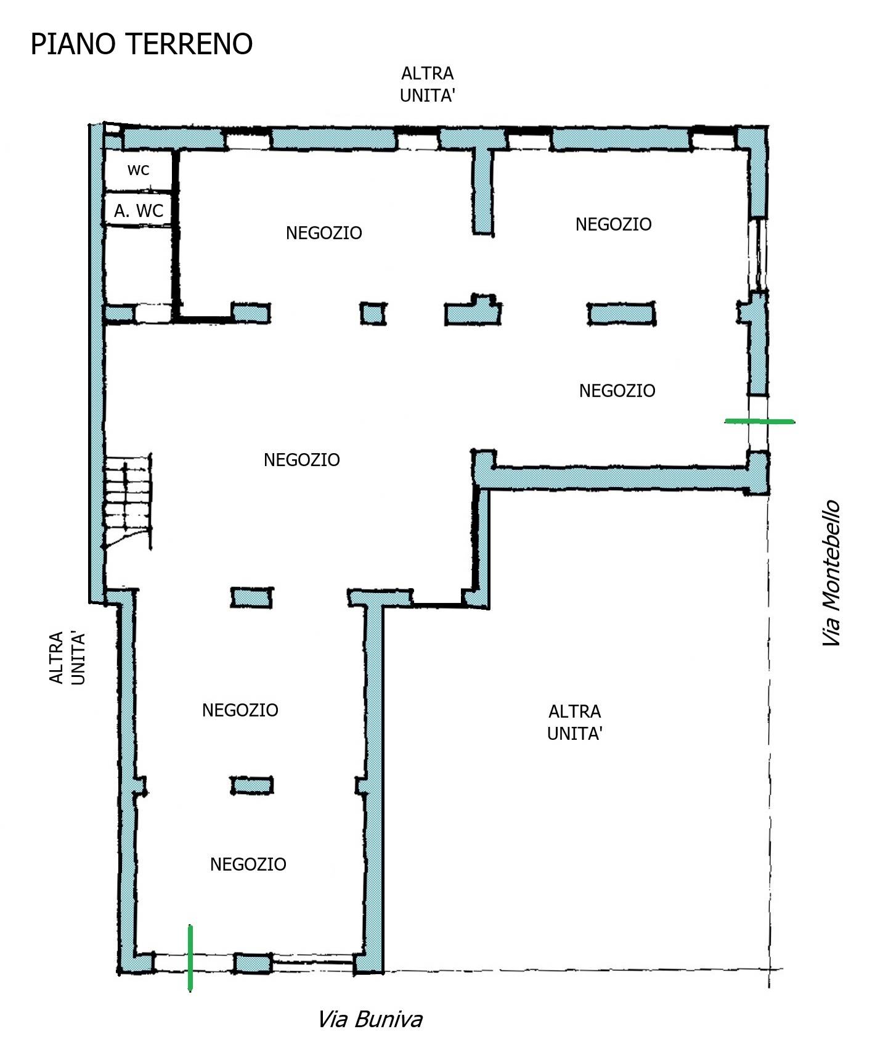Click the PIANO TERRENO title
coord(142,44)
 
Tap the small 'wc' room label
coord(138,170)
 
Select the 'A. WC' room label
coord(139,211)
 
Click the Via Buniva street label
coord(370,1020)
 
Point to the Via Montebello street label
coord(831,573)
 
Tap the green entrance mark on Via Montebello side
coord(759,421)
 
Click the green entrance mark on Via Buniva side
coord(190,958)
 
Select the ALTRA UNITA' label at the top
coord(428,84)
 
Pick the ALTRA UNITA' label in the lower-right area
coord(574,723)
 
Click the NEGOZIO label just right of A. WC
coord(324,233)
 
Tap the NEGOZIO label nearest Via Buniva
coord(248,864)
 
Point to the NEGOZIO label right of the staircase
coord(302,460)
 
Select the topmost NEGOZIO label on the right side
coord(613,224)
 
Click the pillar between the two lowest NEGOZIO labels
coord(252,785)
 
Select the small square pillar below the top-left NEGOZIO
coord(373,314)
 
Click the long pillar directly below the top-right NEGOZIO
coord(621,314)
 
